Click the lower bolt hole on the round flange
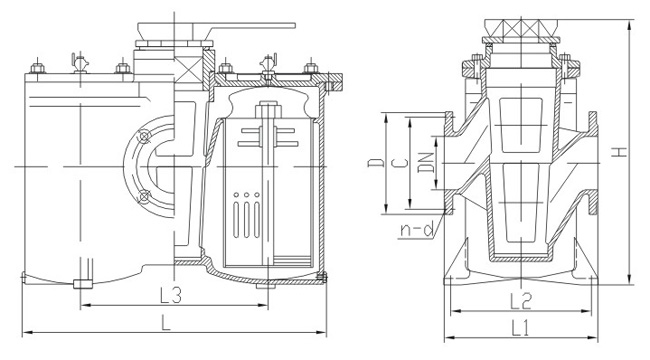pyautogui.click(x=146, y=194)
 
